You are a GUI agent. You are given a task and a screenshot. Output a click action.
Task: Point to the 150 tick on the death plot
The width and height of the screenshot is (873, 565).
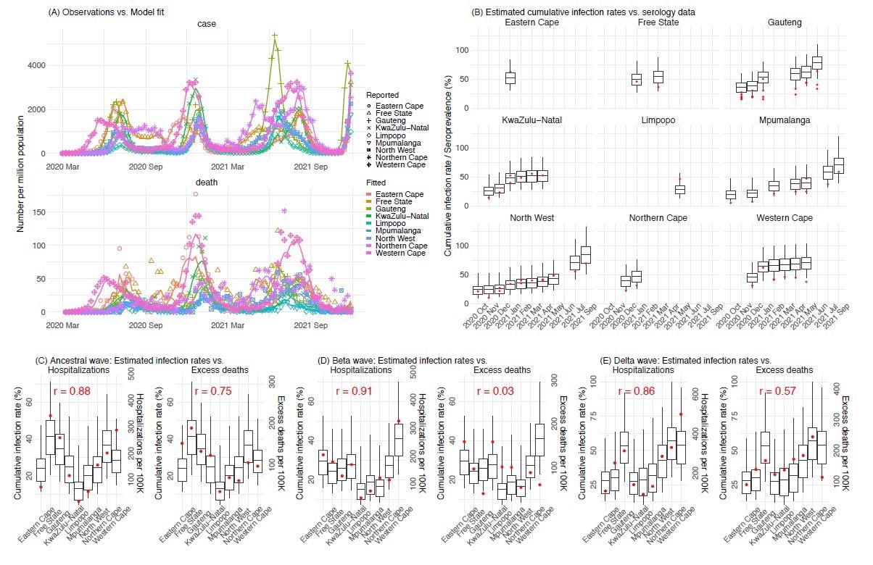click(x=49, y=212)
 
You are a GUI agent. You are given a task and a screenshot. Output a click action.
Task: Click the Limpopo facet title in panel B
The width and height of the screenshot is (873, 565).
click(x=658, y=120)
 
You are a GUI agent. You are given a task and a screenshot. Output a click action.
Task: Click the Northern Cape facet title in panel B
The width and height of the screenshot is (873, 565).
click(x=658, y=218)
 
